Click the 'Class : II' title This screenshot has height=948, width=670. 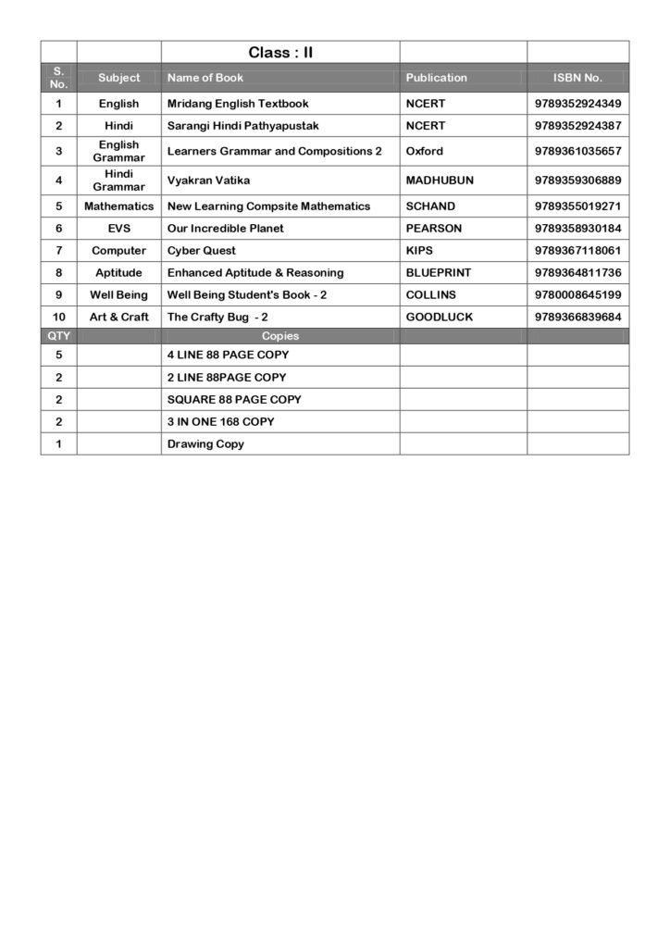[280, 53]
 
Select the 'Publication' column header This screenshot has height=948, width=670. [436, 78]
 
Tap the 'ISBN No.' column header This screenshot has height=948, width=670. [577, 78]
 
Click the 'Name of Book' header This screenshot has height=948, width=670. [205, 78]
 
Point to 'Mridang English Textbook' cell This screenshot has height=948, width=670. [238, 104]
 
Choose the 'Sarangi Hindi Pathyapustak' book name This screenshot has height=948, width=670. [242, 126]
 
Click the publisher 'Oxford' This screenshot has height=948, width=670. [424, 151]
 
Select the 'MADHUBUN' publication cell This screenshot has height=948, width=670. [440, 181]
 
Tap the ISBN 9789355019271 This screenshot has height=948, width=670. [577, 206]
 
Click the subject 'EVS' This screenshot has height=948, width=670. [118, 229]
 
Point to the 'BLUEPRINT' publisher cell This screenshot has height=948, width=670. [438, 273]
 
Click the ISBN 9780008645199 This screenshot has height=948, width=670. [577, 295]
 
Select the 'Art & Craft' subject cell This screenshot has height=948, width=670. [118, 318]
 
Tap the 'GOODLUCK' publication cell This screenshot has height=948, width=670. [439, 318]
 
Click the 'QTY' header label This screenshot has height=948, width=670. [58, 336]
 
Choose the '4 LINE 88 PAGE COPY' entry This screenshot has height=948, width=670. [228, 355]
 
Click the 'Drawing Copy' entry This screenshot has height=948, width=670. [205, 444]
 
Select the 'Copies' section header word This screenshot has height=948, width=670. [280, 336]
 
